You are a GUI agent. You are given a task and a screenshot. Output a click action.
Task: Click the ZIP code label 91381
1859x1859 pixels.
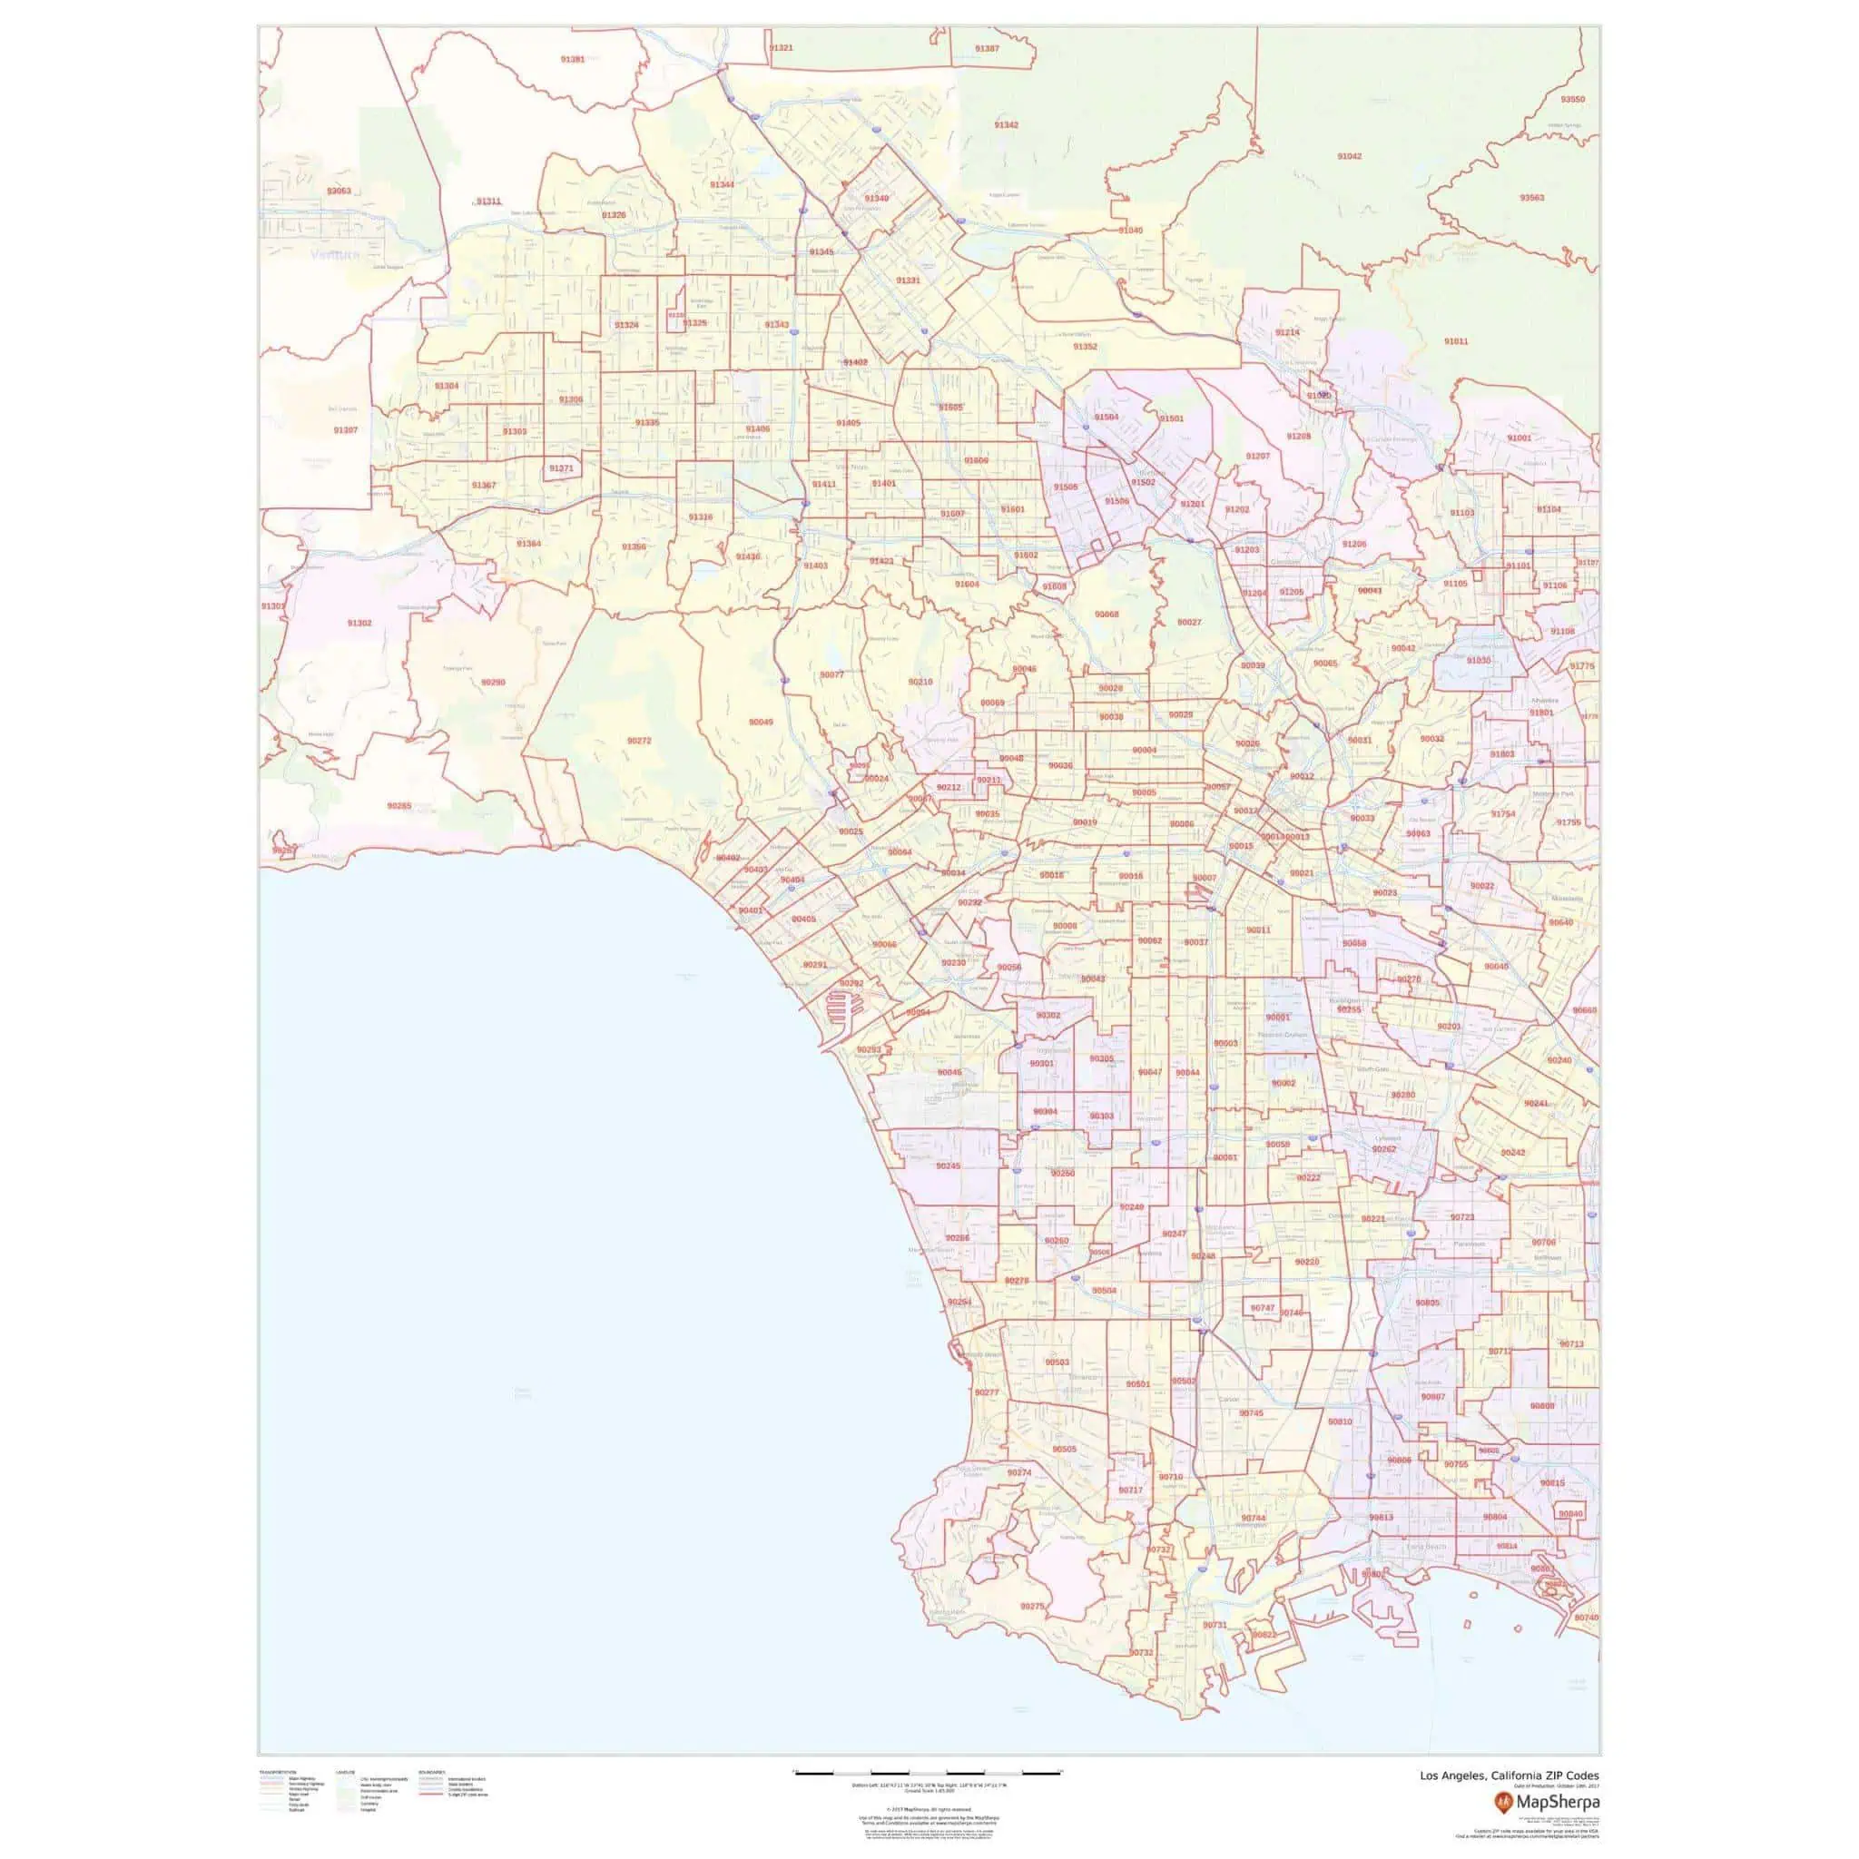[572, 60]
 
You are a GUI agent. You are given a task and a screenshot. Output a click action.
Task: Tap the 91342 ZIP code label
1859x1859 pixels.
[1006, 125]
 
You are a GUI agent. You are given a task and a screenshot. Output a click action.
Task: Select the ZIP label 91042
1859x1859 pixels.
[1349, 156]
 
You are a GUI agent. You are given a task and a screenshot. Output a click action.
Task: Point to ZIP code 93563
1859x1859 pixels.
[1532, 197]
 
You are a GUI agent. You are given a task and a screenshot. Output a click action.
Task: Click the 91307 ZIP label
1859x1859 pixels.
[346, 430]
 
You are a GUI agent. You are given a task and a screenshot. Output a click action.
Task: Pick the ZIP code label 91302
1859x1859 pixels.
[359, 624]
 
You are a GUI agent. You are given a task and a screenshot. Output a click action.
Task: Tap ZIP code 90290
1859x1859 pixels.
[493, 683]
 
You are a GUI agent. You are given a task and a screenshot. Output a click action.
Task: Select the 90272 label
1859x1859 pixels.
[639, 741]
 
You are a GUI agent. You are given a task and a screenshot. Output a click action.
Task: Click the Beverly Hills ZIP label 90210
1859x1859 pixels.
[920, 683]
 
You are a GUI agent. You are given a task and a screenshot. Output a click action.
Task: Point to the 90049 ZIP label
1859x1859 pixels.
[760, 722]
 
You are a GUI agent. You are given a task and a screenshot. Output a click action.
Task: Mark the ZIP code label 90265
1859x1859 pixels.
[399, 805]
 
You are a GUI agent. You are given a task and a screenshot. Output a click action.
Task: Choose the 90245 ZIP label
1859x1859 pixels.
[948, 1166]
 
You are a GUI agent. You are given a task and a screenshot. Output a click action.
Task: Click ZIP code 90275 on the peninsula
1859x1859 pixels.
[1031, 1607]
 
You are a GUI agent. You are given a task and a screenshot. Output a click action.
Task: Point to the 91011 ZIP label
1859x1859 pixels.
[1456, 341]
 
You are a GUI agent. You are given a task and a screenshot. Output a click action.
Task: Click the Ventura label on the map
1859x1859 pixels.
[335, 255]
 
